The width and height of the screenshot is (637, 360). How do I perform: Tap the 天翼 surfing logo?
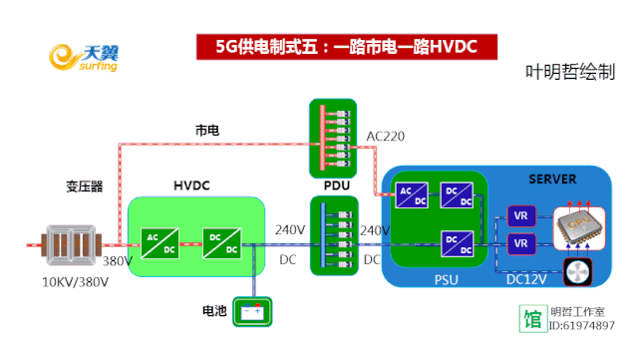(x=85, y=59)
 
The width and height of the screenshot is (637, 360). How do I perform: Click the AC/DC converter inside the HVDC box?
(x=159, y=242)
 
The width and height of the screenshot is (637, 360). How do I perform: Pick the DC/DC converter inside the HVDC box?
(x=218, y=242)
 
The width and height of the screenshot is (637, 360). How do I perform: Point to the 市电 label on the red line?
(x=207, y=131)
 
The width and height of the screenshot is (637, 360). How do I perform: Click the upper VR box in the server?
(x=519, y=215)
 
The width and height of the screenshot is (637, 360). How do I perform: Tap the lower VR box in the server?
(x=519, y=243)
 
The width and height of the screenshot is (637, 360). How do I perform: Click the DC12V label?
(x=525, y=280)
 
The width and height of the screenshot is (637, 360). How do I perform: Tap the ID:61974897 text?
(x=582, y=325)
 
